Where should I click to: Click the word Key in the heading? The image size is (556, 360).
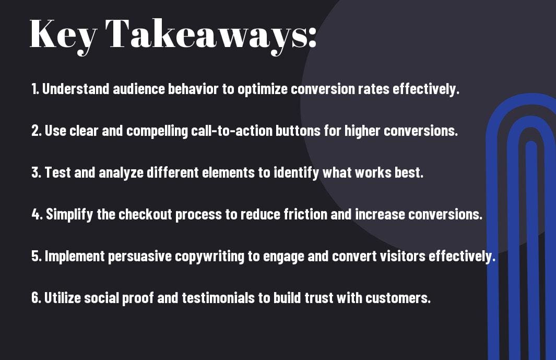(x=64, y=35)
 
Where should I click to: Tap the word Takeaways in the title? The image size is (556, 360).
(x=206, y=35)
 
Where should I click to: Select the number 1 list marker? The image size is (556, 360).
(x=35, y=89)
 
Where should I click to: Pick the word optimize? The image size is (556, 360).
(x=262, y=89)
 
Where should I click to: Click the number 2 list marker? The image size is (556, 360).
(x=36, y=131)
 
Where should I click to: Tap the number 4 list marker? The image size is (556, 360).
(x=37, y=214)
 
